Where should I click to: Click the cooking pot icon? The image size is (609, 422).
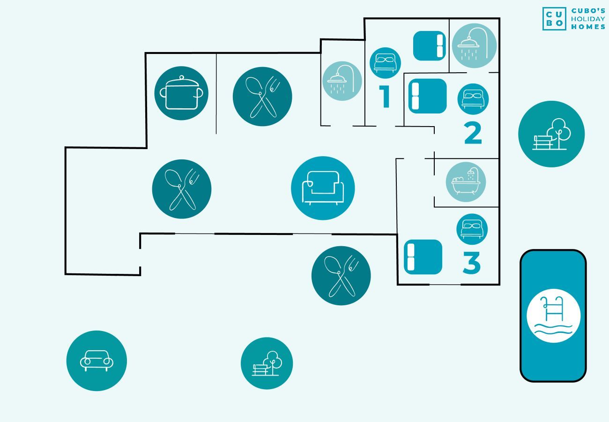(182, 93)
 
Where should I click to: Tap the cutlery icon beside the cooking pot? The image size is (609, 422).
(262, 97)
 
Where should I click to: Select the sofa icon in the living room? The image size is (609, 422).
(323, 188)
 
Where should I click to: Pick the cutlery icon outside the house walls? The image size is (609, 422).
(341, 276)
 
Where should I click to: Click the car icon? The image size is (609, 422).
(97, 361)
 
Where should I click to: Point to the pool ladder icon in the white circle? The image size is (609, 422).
(554, 316)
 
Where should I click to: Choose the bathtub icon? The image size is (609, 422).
(466, 182)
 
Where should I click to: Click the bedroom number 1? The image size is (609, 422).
(385, 96)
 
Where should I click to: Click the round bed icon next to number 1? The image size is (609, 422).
(385, 63)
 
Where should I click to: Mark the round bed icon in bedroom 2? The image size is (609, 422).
(473, 99)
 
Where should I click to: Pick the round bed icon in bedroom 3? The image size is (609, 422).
(472, 229)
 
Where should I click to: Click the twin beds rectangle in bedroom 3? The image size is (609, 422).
(423, 257)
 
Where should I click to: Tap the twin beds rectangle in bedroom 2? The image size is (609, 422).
(428, 96)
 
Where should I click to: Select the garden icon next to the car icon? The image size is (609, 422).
(267, 363)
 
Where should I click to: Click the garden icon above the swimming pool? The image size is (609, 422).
(551, 134)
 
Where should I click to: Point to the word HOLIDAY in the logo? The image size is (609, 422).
(588, 19)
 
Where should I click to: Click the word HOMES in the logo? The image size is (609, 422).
(588, 27)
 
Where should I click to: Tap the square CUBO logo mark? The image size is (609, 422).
(554, 19)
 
